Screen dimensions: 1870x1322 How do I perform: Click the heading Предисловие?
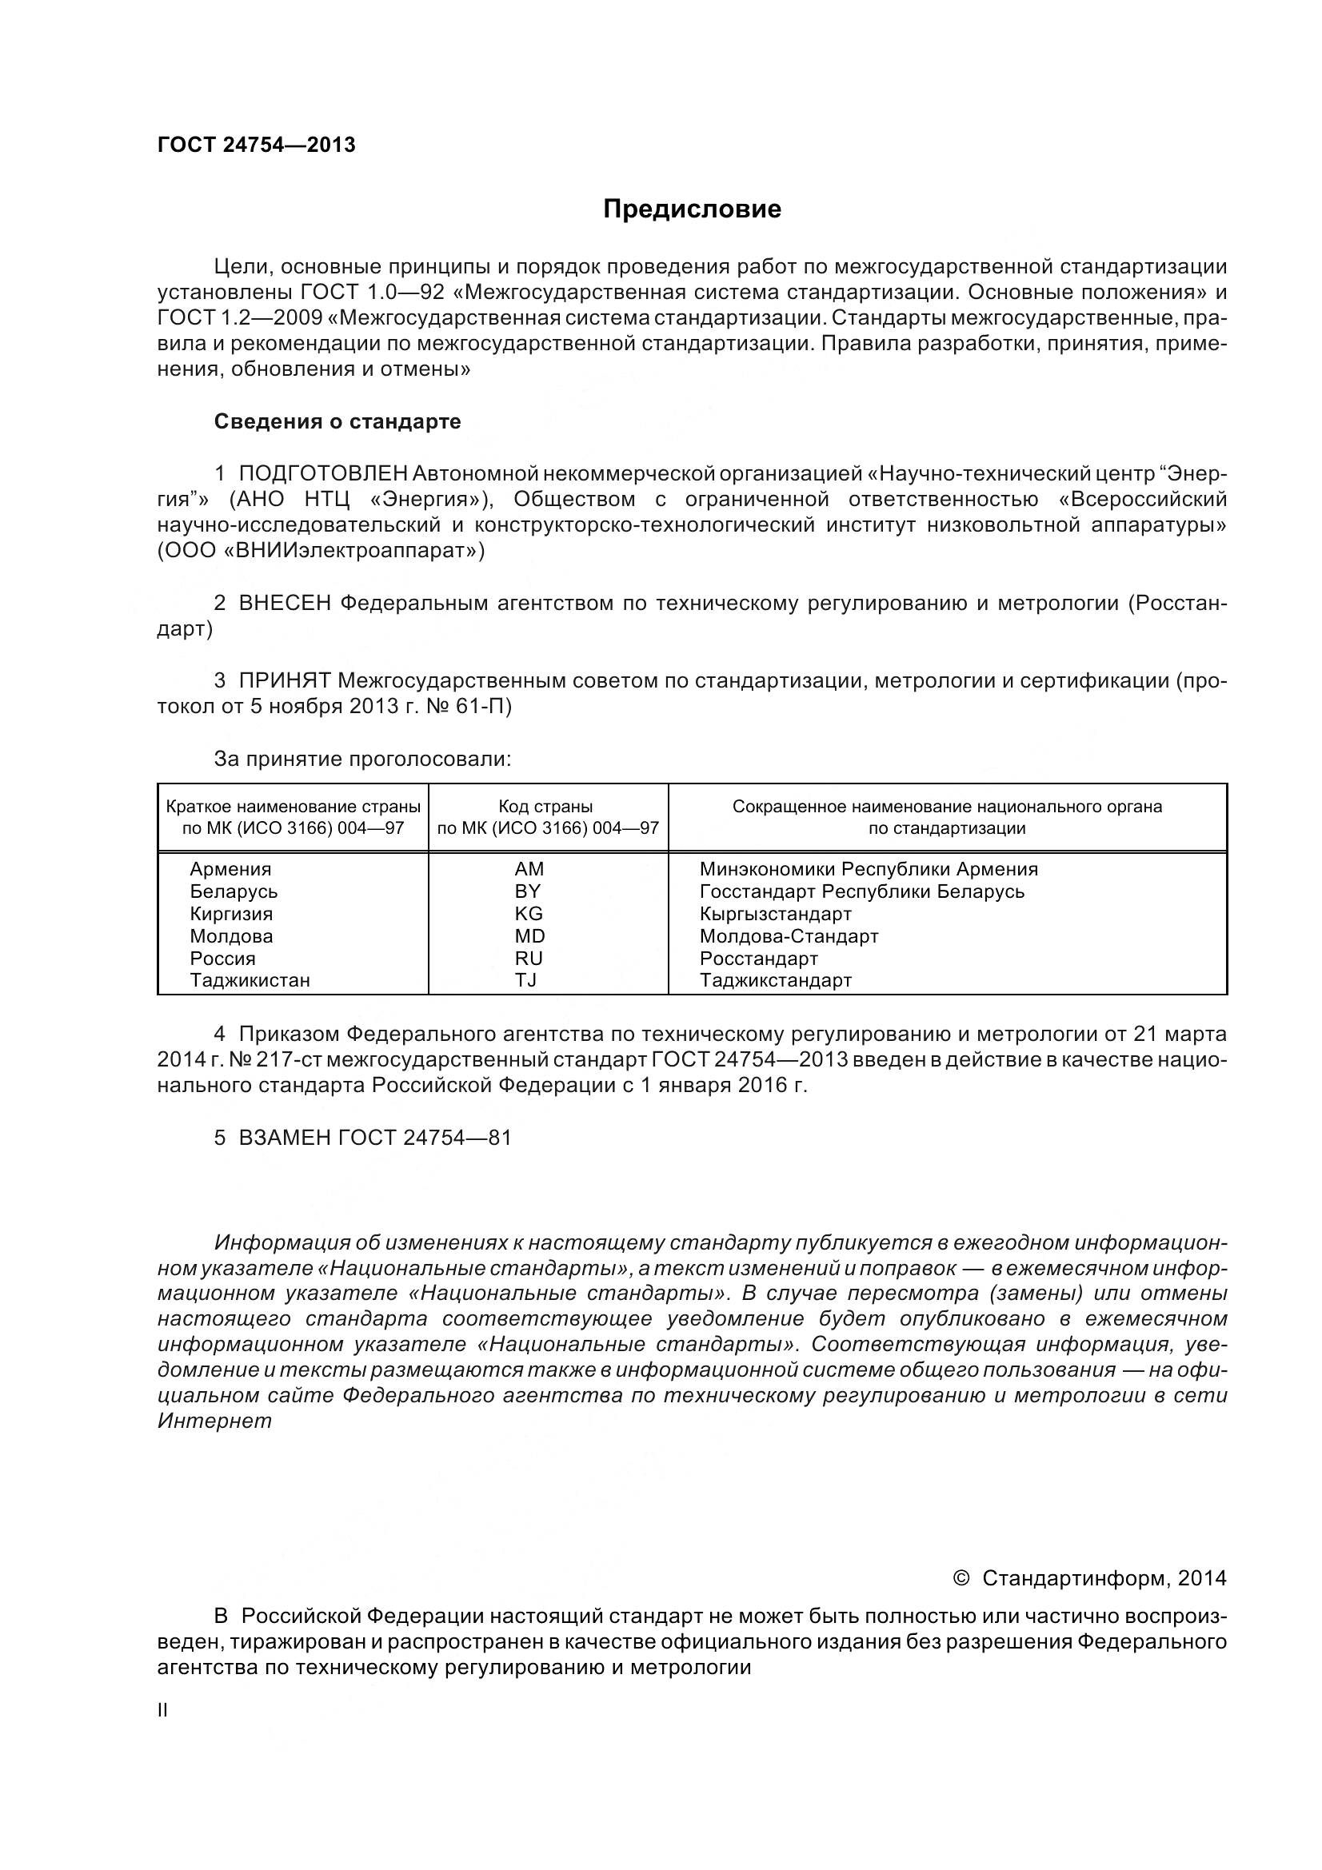692,209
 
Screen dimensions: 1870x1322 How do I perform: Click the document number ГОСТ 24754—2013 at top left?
257,145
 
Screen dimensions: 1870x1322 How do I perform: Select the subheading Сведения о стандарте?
337,421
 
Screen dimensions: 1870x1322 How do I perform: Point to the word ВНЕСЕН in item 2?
285,604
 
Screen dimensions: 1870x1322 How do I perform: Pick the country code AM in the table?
529,869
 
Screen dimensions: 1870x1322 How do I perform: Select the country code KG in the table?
529,914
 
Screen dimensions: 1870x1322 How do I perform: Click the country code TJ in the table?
526,980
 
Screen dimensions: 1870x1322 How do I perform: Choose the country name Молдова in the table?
231,936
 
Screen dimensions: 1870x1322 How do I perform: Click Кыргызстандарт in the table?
776,914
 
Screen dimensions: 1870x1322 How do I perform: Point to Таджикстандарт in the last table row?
776,980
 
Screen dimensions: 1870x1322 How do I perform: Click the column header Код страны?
545,807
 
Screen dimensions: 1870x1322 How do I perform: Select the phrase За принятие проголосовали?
362,759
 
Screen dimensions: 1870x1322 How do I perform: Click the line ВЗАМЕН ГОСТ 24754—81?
362,1138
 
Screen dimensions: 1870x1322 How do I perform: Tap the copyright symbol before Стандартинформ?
961,1578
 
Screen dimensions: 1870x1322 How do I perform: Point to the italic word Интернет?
214,1422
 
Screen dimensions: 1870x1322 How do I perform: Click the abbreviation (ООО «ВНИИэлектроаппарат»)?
321,552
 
